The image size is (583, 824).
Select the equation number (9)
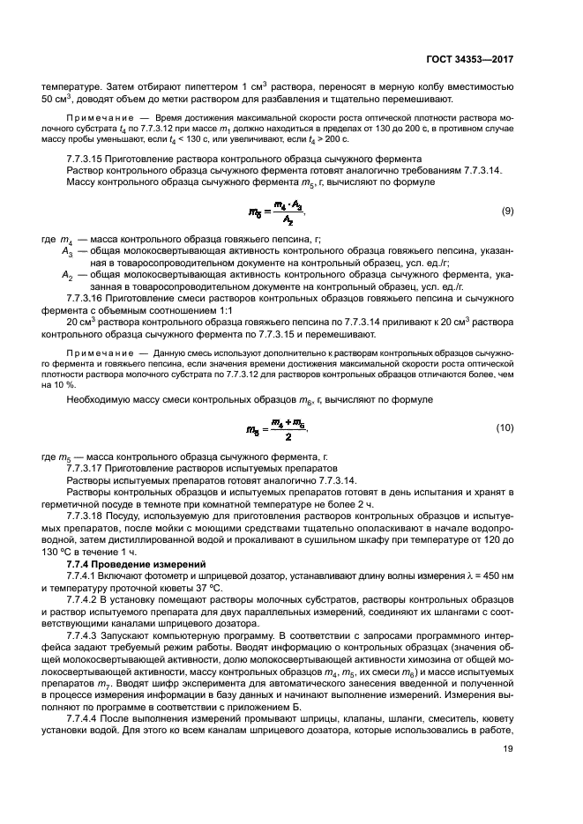(x=507, y=212)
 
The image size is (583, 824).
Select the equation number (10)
(x=505, y=427)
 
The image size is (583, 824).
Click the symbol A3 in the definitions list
(x=67, y=251)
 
